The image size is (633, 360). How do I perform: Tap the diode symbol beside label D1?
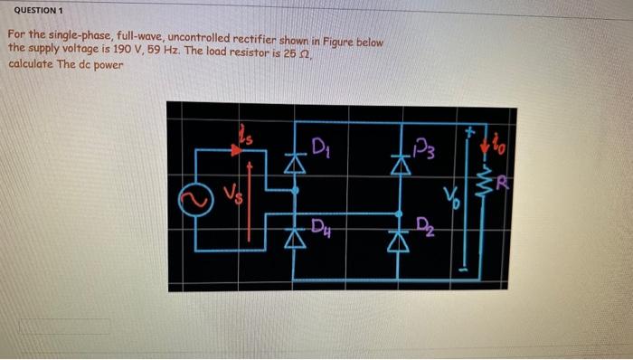click(292, 165)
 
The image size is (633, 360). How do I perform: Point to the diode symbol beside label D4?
click(292, 239)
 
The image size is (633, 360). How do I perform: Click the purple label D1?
click(319, 147)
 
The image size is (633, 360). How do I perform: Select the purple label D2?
click(421, 225)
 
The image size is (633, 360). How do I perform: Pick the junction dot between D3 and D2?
click(399, 213)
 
